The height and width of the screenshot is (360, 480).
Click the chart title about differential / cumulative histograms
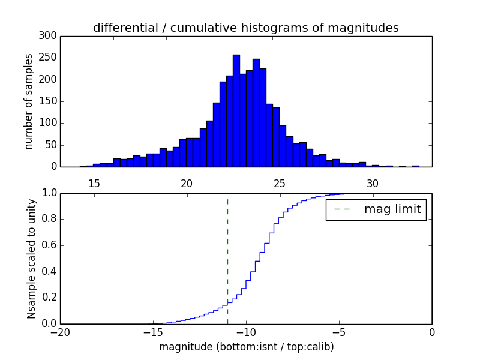[x=245, y=28]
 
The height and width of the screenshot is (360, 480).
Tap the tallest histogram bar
[x=236, y=111]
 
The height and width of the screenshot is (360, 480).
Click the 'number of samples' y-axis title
[x=29, y=101]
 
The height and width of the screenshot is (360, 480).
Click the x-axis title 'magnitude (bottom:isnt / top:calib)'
[x=246, y=347]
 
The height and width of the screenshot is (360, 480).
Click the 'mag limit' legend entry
[x=392, y=209]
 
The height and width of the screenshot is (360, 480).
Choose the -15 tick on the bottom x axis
[x=153, y=332]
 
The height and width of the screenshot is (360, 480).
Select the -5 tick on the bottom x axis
[x=339, y=332]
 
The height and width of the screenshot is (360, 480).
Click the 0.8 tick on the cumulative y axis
[x=47, y=219]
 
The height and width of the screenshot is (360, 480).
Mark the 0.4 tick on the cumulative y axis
[x=47, y=271]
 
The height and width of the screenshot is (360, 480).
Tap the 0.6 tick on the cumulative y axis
[x=47, y=245]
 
